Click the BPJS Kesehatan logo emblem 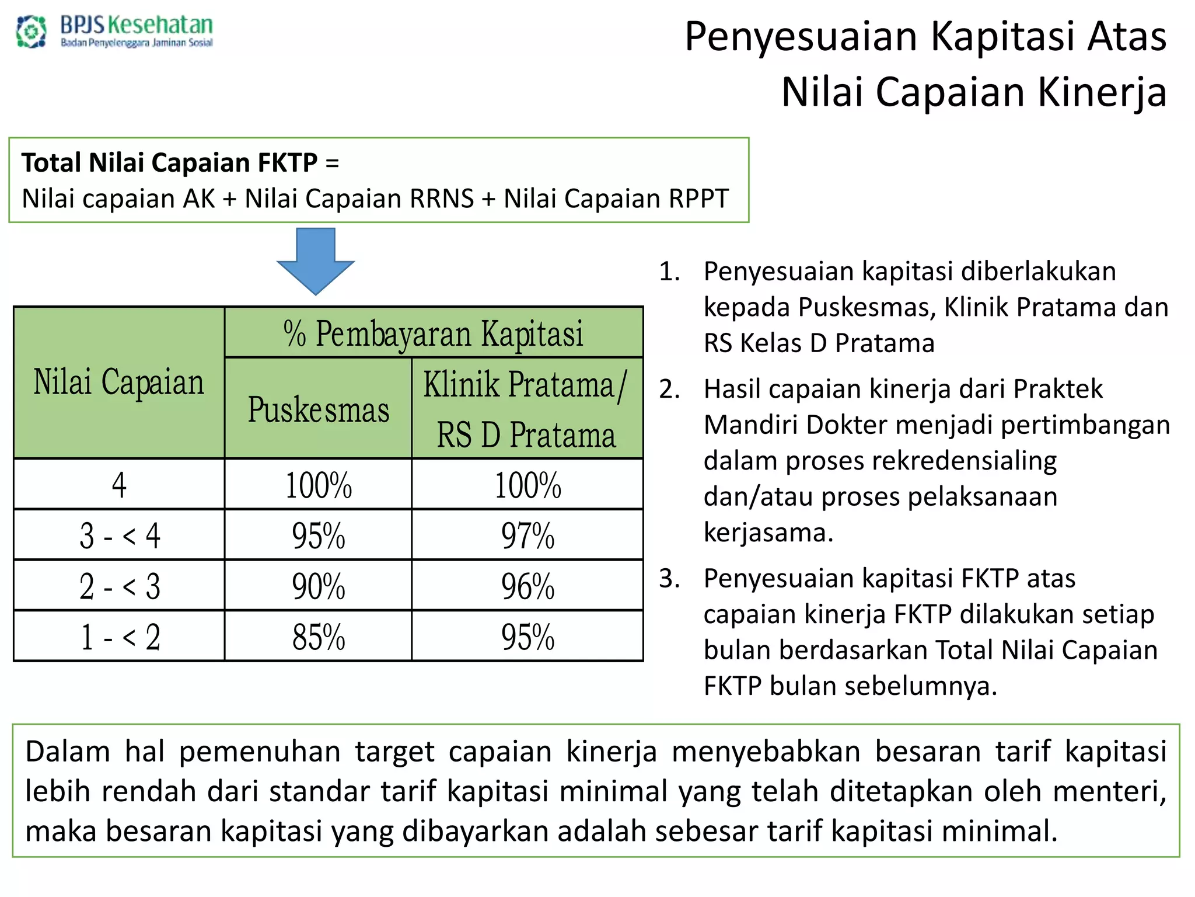pos(32,32)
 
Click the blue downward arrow pos(316,260)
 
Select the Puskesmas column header pos(319,409)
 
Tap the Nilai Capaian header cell pos(119,383)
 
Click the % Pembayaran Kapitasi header pos(434,333)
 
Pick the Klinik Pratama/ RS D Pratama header pos(526,409)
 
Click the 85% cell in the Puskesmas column pos(319,637)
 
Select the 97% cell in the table pos(527,536)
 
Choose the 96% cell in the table pos(527,586)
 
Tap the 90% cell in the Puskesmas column pos(319,586)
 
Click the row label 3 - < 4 pos(120,536)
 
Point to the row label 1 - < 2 pos(120,637)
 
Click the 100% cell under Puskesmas pos(319,485)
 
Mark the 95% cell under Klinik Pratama pos(527,637)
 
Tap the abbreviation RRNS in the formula pos(442,199)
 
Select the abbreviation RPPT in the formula pos(698,199)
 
